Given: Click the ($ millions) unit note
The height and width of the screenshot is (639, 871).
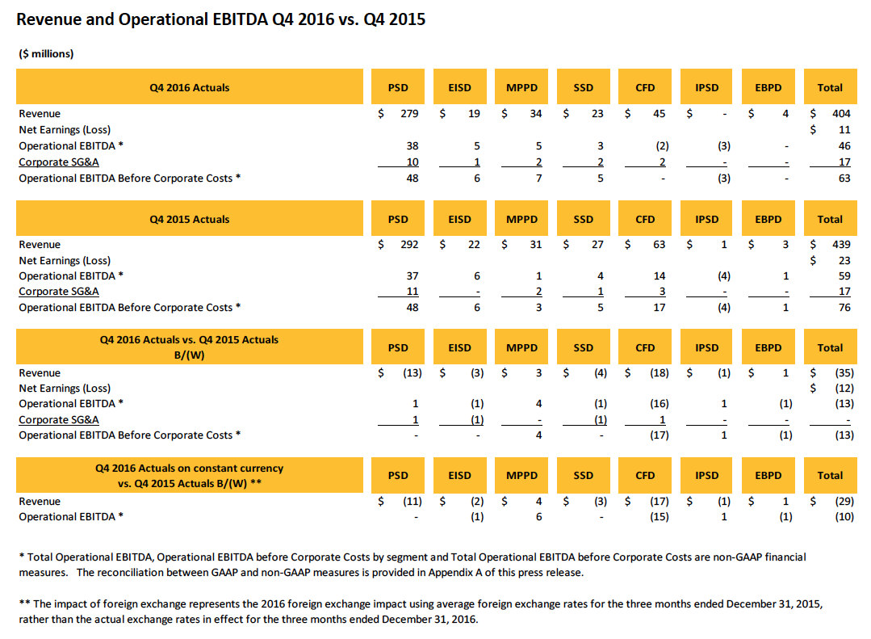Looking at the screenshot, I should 46,54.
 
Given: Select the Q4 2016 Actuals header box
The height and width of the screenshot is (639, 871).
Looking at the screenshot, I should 189,87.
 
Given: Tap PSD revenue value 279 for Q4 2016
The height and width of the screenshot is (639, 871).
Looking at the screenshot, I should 409,114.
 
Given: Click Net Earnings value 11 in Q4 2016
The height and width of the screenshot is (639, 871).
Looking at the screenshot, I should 844,129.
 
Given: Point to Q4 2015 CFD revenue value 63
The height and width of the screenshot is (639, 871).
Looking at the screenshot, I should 659,245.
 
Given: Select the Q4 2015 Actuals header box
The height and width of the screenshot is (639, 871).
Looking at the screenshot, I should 189,219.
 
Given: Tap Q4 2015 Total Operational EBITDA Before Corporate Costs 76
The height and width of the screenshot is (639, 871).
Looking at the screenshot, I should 844,308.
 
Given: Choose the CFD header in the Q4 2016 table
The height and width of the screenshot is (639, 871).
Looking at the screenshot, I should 645,87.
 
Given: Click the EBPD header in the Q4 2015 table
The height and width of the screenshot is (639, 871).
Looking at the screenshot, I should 768,219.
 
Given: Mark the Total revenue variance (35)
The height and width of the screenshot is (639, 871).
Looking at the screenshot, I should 839,373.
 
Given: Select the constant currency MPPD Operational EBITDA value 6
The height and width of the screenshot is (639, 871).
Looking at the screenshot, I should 538,517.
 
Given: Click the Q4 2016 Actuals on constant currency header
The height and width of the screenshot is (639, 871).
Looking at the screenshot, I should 189,475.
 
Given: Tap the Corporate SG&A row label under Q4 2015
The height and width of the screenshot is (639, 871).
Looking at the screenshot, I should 59,292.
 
